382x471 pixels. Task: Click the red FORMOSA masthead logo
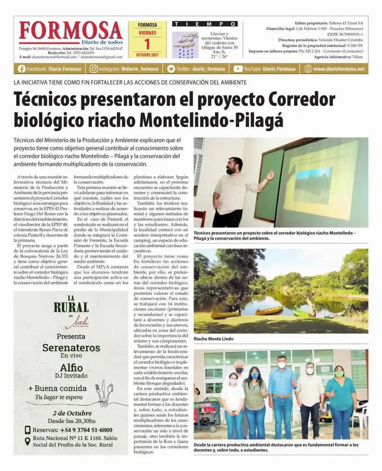(71, 31)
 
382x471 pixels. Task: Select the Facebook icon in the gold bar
(22, 69)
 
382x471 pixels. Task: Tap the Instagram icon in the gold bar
(93, 69)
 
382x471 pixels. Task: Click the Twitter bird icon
(171, 69)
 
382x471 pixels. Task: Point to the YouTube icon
(238, 69)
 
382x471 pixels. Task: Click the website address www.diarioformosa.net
(338, 69)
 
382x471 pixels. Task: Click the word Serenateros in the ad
(71, 347)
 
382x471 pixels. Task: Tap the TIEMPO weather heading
(205, 24)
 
